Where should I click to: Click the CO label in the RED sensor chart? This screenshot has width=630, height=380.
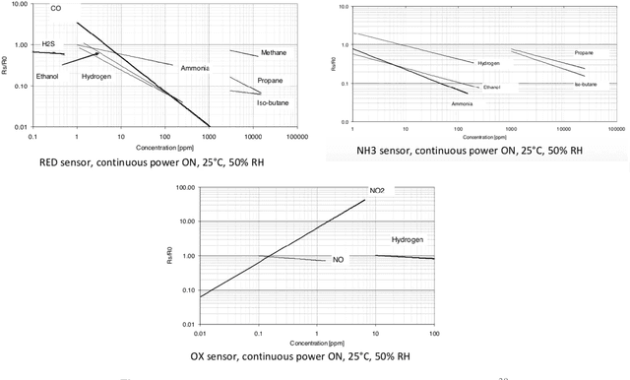coord(56,8)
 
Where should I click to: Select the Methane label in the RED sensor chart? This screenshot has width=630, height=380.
coord(275,52)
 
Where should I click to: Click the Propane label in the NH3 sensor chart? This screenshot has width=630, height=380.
coord(585,52)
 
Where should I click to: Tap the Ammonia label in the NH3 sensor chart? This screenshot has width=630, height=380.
coord(463,103)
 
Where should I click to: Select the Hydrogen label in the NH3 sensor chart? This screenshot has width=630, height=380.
coord(489,63)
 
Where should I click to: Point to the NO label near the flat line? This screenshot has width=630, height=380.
coord(338,261)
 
